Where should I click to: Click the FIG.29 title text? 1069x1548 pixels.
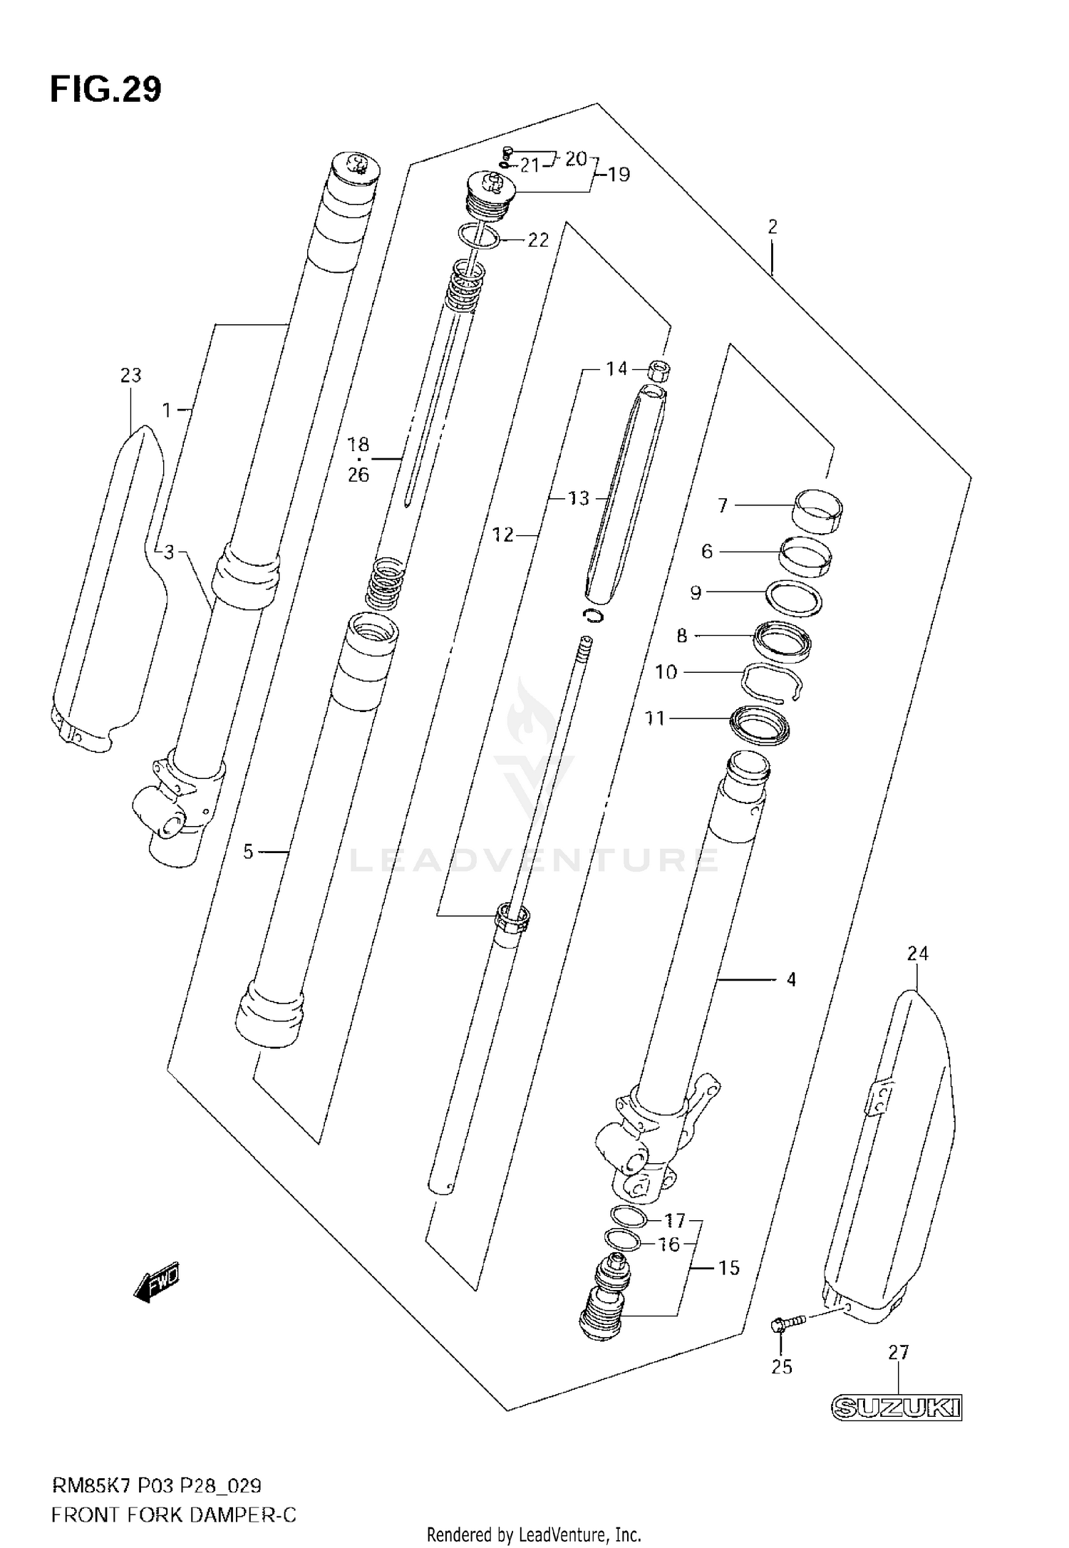105,90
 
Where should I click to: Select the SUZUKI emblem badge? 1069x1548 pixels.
897,1408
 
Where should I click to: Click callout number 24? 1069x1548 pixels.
917,953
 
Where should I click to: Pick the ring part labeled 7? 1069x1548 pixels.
817,510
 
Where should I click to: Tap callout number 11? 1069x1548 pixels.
654,718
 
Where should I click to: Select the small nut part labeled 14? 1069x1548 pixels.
659,371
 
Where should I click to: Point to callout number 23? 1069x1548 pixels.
130,375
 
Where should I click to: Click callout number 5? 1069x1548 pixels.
248,852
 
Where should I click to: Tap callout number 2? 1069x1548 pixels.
773,227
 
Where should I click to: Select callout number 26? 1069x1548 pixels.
358,475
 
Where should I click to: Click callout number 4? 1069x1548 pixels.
791,980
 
